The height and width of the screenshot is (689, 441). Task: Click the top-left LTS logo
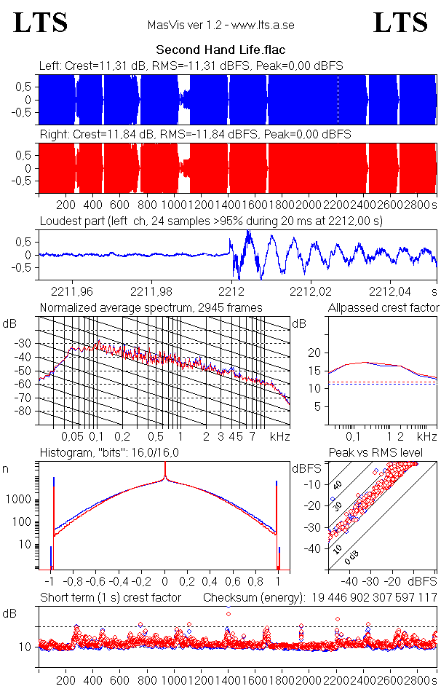click(x=41, y=23)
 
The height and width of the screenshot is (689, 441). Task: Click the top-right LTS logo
click(x=400, y=23)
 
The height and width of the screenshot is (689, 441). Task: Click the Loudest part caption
click(x=211, y=221)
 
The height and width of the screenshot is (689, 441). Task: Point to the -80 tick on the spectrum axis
click(x=25, y=412)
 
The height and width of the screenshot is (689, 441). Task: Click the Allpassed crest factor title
click(x=384, y=307)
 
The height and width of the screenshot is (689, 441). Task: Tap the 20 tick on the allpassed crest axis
click(x=314, y=353)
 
